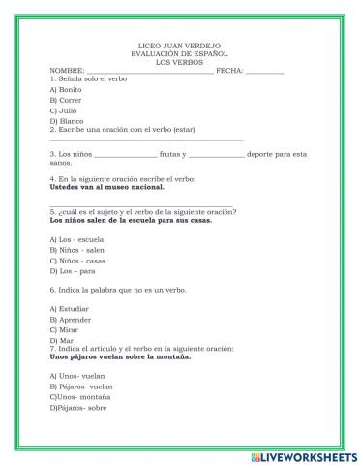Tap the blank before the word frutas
click(x=126, y=155)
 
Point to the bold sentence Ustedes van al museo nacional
click(x=106, y=187)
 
